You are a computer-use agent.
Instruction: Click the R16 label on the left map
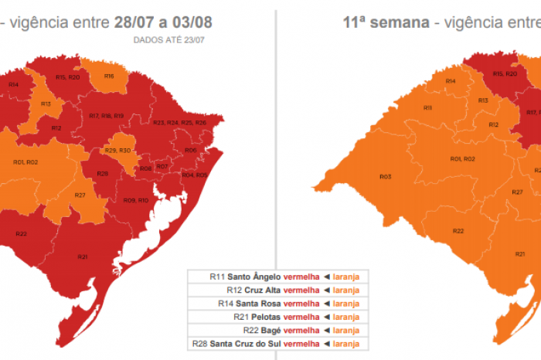109,76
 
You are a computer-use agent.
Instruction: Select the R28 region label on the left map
102,173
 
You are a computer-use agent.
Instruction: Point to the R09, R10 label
135,201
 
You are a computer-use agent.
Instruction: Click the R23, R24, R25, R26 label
179,123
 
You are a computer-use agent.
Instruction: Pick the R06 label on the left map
190,150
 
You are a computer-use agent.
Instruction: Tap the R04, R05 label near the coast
193,175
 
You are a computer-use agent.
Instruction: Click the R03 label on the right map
385,177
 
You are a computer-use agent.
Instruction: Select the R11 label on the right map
427,108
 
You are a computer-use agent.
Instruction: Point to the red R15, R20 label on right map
505,73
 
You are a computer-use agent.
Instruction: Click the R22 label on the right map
458,231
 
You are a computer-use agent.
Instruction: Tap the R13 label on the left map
46,103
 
